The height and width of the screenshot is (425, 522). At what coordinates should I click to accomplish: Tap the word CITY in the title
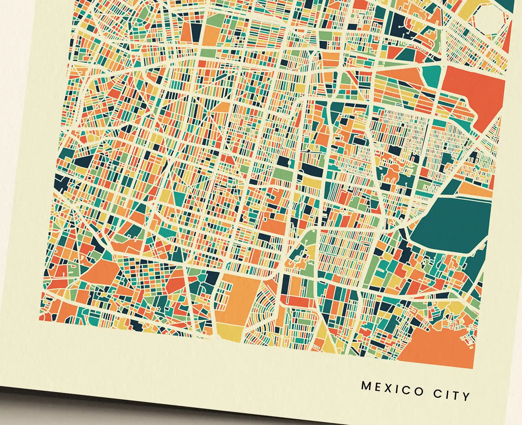click(452, 394)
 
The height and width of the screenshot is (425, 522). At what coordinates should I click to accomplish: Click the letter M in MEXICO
click(366, 386)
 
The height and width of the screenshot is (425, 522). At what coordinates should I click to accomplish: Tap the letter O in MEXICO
click(419, 391)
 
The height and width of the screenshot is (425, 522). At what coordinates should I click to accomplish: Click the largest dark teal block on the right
click(452, 224)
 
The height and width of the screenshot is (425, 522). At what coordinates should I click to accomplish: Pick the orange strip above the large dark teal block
click(473, 189)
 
